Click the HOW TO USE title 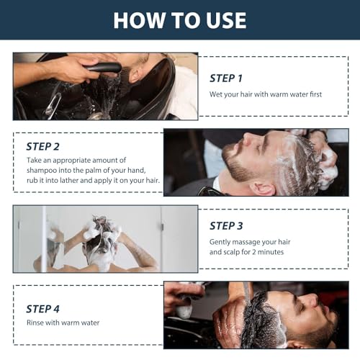pyautogui.click(x=180, y=20)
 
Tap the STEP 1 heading pyautogui.click(x=226, y=78)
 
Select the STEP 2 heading pyautogui.click(x=42, y=147)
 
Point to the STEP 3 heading pyautogui.click(x=226, y=226)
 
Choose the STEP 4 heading pyautogui.click(x=42, y=309)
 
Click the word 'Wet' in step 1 pyautogui.click(x=215, y=94)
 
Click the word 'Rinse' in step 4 pyautogui.click(x=35, y=323)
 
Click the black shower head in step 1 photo pyautogui.click(x=103, y=68)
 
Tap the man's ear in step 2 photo pyautogui.click(x=264, y=189)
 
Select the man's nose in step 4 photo pyautogui.click(x=311, y=300)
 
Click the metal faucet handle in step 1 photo pyautogui.click(x=52, y=105)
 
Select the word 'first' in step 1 pyautogui.click(x=315, y=94)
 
